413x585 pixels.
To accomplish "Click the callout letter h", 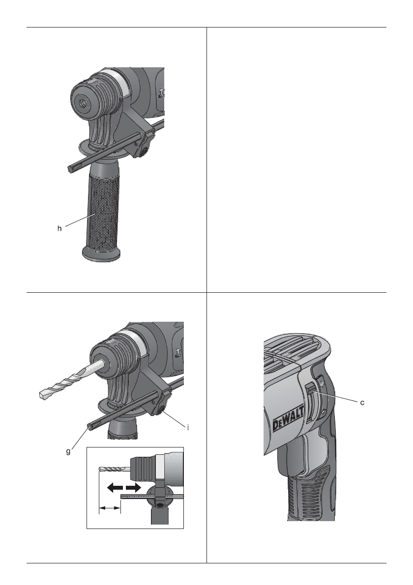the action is [x=59, y=229].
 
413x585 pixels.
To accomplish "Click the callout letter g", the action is [x=68, y=452].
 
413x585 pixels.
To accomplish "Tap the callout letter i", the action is [x=188, y=427].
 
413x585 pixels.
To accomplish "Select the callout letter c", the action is [x=362, y=403].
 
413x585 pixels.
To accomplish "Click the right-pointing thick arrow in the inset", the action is [x=133, y=487].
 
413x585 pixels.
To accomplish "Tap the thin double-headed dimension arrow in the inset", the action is [x=110, y=508].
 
